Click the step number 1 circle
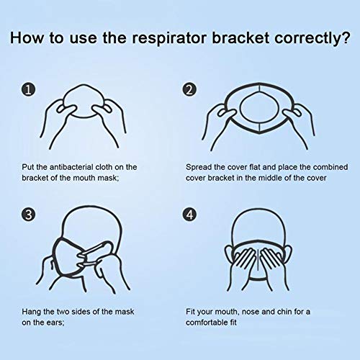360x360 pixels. point(28,90)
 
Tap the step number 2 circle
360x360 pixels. point(189,90)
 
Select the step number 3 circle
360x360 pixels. point(28,215)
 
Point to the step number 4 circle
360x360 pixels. point(189,215)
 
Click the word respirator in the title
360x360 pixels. point(169,38)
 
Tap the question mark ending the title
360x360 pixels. point(346,37)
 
